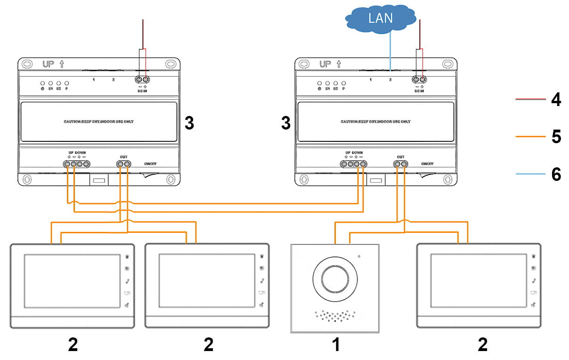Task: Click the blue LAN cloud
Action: [x=381, y=19]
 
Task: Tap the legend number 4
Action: [x=556, y=100]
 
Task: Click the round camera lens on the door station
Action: [x=335, y=278]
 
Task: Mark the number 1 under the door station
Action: [x=335, y=345]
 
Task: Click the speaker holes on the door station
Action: [x=335, y=316]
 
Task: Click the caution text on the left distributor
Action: [x=99, y=122]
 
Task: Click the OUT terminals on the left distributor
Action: [x=124, y=164]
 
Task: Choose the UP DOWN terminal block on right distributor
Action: [x=353, y=164]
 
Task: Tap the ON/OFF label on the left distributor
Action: [x=151, y=164]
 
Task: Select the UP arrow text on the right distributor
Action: [x=330, y=64]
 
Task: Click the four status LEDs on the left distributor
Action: [x=54, y=83]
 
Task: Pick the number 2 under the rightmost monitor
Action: [x=482, y=345]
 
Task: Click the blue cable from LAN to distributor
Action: [x=390, y=49]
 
